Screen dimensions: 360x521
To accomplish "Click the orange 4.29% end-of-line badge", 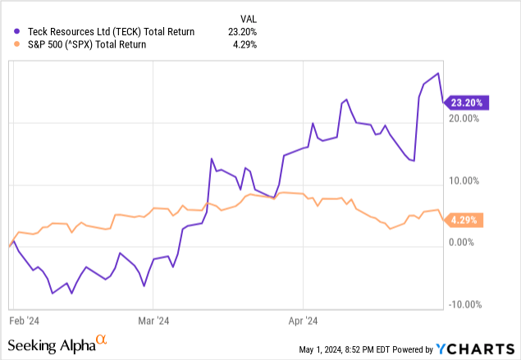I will click(x=464, y=220).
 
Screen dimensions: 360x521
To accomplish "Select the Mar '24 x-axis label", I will click(x=153, y=321).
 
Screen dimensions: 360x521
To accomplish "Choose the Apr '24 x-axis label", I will click(x=304, y=321).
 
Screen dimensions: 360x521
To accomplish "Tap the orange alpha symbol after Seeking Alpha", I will click(x=101, y=339).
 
